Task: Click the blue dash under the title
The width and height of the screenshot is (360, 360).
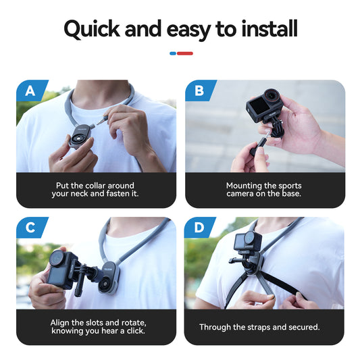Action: (x=173, y=53)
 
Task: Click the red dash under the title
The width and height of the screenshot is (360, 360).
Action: (x=185, y=53)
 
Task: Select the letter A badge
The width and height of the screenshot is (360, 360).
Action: (x=30, y=91)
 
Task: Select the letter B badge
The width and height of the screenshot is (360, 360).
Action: (x=199, y=91)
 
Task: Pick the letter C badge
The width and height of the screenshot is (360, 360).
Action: (x=30, y=228)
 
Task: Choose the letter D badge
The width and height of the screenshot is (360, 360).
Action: (x=199, y=228)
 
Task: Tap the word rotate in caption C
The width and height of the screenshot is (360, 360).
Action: (x=128, y=322)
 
